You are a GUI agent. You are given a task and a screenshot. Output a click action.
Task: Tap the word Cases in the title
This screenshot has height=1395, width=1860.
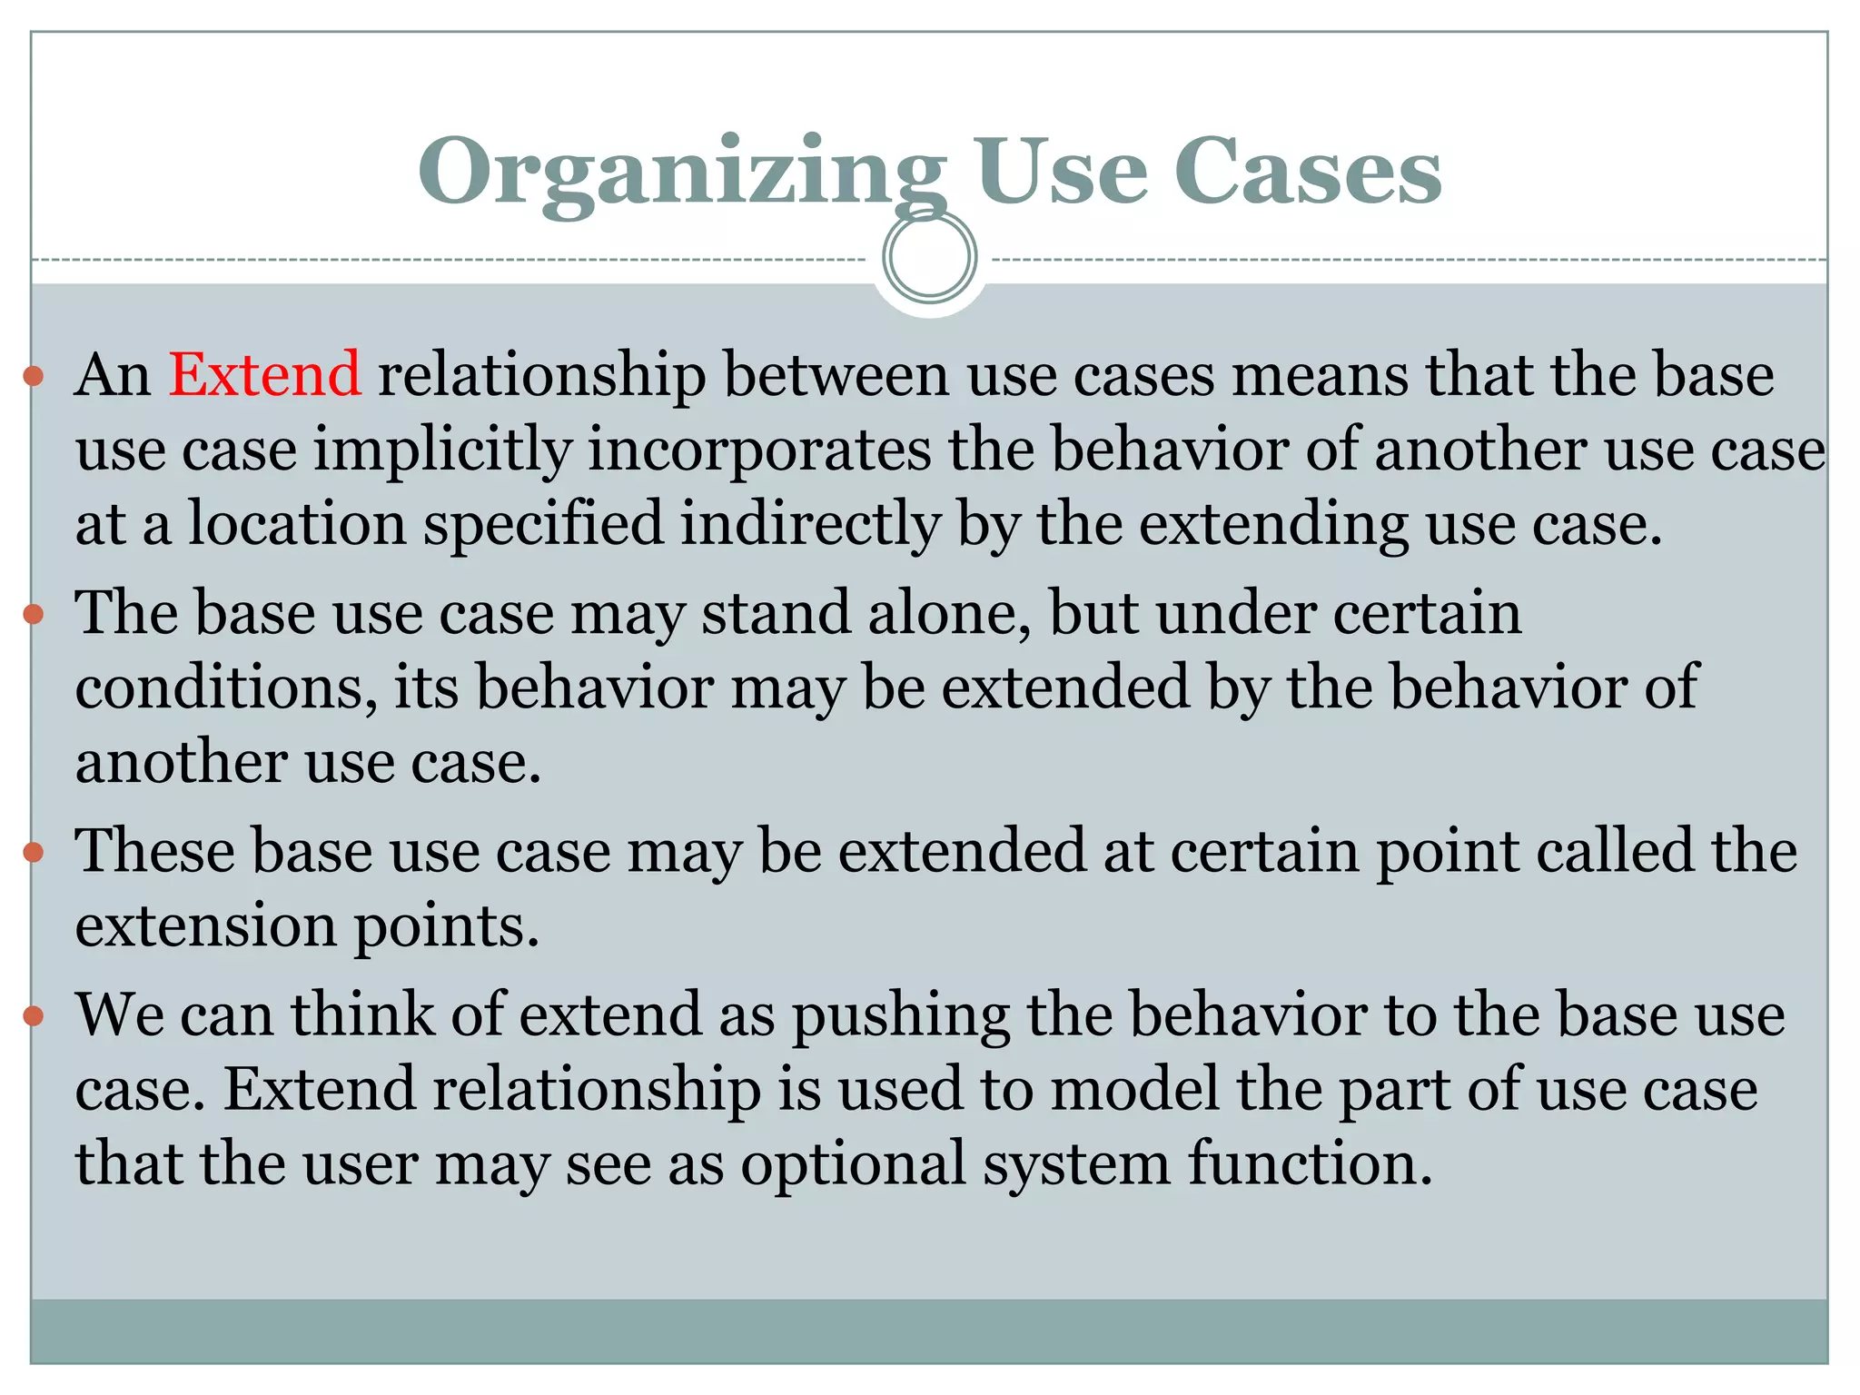click(1308, 171)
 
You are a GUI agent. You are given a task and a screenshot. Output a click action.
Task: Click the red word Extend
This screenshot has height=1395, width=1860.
click(264, 374)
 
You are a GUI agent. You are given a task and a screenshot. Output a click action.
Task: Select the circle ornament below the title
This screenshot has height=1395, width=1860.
click(929, 257)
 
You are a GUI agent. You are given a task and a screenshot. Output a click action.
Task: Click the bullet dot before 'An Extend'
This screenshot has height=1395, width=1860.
click(34, 376)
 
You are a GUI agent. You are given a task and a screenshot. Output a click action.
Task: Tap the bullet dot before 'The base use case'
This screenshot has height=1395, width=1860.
click(34, 615)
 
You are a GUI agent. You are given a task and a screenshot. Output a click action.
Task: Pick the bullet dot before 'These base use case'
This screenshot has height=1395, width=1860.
click(34, 853)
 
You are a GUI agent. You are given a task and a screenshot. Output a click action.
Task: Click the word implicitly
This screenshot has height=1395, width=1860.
click(442, 450)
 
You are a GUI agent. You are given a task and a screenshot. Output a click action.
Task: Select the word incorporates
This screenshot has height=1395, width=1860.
click(759, 450)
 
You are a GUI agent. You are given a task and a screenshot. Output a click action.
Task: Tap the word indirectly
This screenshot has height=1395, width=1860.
click(809, 525)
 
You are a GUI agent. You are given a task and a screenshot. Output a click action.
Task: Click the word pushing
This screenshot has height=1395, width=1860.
click(900, 1015)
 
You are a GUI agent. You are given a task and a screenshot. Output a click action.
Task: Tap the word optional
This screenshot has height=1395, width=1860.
click(853, 1164)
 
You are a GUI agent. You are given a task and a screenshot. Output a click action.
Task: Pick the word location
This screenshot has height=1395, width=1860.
click(297, 525)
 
